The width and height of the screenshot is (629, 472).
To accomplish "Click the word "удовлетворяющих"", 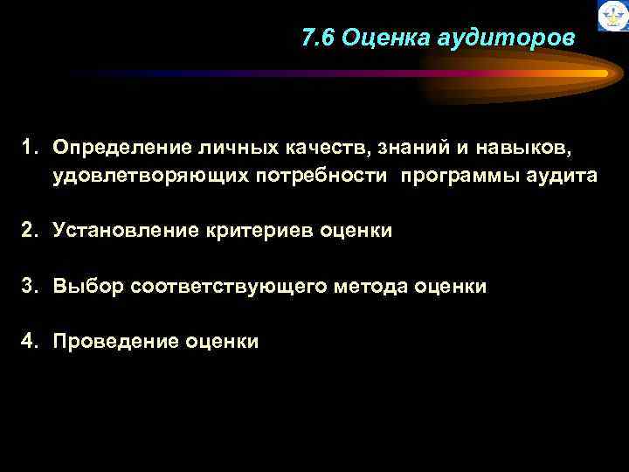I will pyautogui.click(x=152, y=176).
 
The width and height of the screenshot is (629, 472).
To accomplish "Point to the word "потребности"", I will pyautogui.click(x=321, y=176).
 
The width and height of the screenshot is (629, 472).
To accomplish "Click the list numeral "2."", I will pyautogui.click(x=32, y=230).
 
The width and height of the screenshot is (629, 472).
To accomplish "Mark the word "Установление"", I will pyautogui.click(x=127, y=231).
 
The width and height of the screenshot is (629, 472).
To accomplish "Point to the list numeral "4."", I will pyautogui.click(x=32, y=340).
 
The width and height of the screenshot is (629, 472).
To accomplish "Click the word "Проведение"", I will pyautogui.click(x=117, y=340).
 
